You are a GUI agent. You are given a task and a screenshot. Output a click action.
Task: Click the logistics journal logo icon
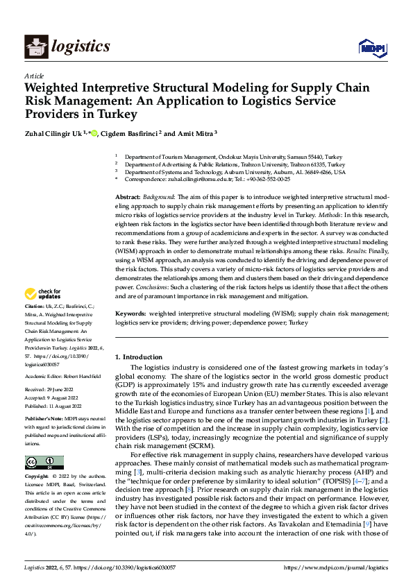coord(36,46)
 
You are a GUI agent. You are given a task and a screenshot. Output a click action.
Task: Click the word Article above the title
coord(34,76)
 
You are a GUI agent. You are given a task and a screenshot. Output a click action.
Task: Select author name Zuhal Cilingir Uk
coord(52,134)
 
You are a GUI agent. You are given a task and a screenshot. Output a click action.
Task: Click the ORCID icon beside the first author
coord(94,134)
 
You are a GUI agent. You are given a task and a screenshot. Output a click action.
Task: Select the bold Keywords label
coord(130,314)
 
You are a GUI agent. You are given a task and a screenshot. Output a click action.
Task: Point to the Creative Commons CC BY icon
coord(44,463)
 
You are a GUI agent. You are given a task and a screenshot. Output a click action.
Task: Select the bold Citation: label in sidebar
coord(35,325)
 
